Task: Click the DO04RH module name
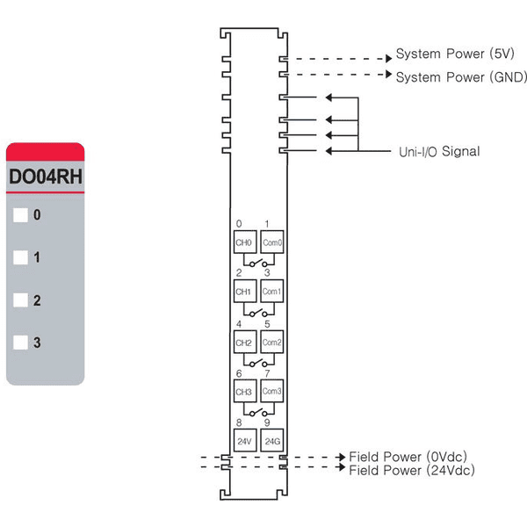click(46, 177)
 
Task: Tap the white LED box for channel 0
click(20, 215)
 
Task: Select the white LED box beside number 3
click(20, 343)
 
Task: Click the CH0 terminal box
click(245, 242)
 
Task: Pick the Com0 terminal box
click(272, 242)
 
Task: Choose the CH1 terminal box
click(245, 291)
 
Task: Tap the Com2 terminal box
click(272, 343)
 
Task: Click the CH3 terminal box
click(245, 391)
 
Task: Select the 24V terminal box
click(245, 441)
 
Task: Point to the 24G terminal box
click(272, 441)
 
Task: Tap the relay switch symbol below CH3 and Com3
click(259, 411)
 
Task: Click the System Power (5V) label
click(455, 54)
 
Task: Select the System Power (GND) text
click(461, 77)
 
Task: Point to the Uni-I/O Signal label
click(439, 152)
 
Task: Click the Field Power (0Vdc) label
click(408, 457)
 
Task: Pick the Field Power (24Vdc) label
click(412, 470)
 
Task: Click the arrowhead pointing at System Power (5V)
click(389, 59)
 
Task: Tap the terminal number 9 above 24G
click(267, 422)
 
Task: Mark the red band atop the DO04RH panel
click(46, 152)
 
